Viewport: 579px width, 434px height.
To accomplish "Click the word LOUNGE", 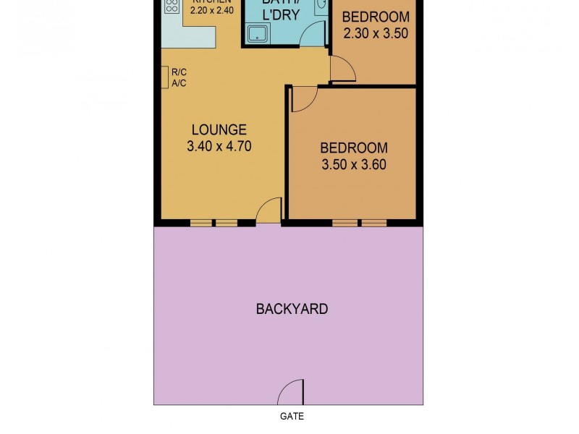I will pos(219,130).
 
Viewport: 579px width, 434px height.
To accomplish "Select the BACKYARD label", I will pos(292,309).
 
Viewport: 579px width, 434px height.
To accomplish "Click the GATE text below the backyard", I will pos(292,416).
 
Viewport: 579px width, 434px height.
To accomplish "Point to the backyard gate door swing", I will pos(292,393).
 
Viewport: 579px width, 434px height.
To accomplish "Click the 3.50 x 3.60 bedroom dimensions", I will pos(353,164).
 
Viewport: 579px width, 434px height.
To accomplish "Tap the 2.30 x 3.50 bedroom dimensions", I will pos(375,33).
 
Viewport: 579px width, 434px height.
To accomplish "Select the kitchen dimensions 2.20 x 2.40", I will pos(211,11).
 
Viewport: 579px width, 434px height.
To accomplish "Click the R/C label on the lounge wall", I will pos(179,71).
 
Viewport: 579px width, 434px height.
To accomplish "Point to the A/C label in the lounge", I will pos(179,82).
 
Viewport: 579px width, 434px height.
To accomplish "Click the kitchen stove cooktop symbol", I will pos(172,7).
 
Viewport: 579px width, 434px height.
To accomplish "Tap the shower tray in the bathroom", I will pos(258,34).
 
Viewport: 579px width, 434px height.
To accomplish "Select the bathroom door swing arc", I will pos(312,33).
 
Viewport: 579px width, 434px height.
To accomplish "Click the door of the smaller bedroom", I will pos(342,69).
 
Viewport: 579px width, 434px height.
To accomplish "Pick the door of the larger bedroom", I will pos(303,99).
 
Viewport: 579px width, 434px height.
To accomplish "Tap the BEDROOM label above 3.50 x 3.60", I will pos(353,148).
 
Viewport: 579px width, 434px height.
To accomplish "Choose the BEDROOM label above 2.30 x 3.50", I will pos(375,17).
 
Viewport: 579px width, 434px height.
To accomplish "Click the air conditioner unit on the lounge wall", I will pos(165,77).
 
